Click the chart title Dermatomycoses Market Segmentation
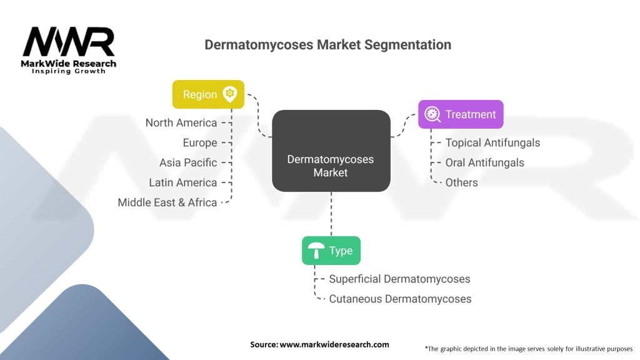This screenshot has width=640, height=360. point(327,45)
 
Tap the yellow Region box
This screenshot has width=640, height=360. point(208,94)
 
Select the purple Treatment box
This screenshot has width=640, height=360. point(461,114)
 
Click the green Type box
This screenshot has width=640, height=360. point(331,251)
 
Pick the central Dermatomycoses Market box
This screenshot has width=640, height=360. point(331,166)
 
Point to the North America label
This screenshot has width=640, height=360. point(181,122)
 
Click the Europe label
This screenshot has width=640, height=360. point(200,142)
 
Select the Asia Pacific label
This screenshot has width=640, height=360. point(188,162)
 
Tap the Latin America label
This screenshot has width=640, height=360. point(183,182)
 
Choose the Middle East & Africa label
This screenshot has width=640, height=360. point(167,202)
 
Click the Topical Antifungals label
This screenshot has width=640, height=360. point(492,142)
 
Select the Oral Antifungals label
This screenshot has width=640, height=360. point(484,162)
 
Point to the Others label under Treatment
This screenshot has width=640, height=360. point(461,182)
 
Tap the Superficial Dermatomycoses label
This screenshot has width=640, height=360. point(399,279)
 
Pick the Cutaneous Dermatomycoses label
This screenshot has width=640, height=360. point(400,299)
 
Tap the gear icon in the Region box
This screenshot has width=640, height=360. point(230,94)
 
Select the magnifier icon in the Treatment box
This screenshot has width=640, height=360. point(432,114)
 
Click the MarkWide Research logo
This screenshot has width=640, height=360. point(69,50)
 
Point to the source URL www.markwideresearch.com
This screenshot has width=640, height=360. point(319,344)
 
